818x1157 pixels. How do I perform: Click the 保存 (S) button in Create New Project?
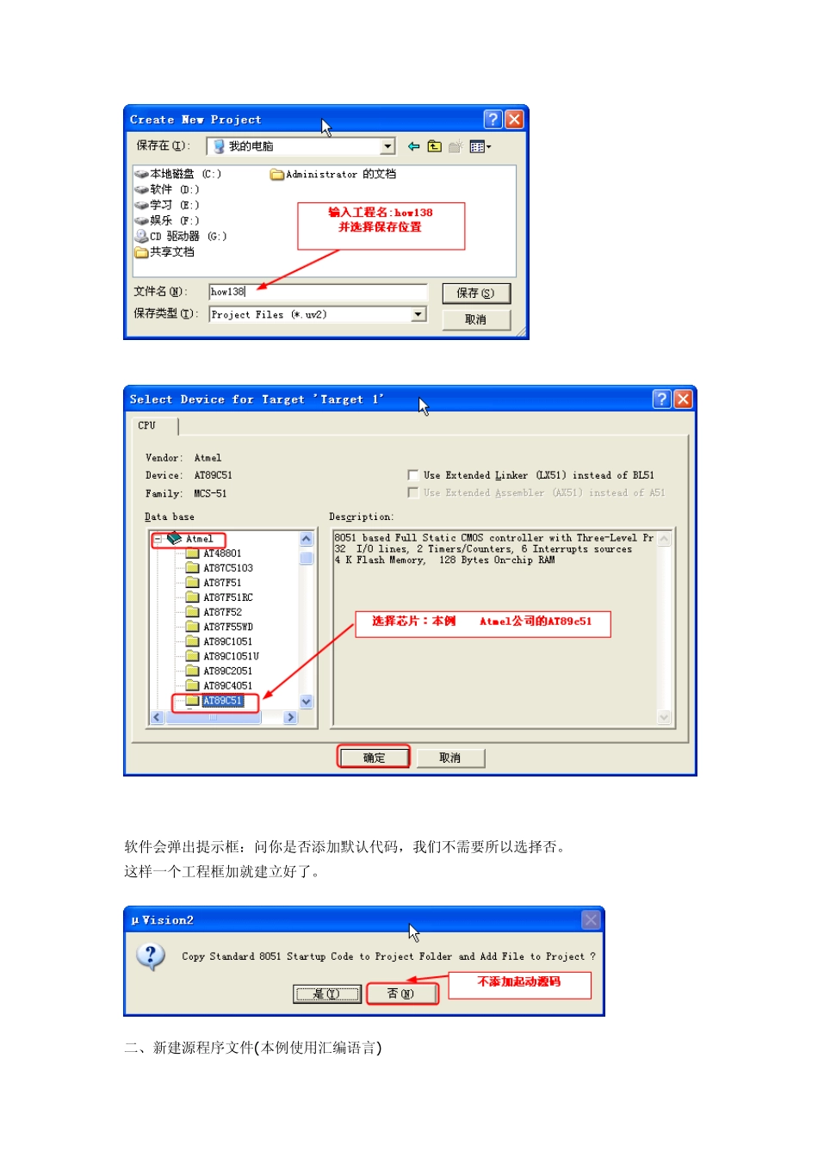[475, 294]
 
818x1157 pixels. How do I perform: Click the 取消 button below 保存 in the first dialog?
[475, 319]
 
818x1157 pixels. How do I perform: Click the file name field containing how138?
[317, 292]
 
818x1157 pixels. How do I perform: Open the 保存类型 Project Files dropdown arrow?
[418, 314]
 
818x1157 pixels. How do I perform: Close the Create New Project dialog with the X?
[514, 120]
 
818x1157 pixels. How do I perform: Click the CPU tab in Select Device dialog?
[147, 425]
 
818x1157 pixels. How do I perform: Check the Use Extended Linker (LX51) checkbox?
[413, 475]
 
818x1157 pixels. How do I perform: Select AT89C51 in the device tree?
[222, 701]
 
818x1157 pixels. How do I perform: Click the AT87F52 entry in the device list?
[222, 612]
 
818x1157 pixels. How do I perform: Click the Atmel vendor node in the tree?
[199, 539]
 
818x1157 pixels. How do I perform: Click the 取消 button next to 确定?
[450, 758]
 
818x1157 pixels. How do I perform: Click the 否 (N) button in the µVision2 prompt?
[401, 993]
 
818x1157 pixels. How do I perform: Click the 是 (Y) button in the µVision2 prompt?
[326, 993]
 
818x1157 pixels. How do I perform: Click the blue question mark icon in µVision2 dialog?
[151, 956]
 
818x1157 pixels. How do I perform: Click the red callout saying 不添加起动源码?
[519, 982]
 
